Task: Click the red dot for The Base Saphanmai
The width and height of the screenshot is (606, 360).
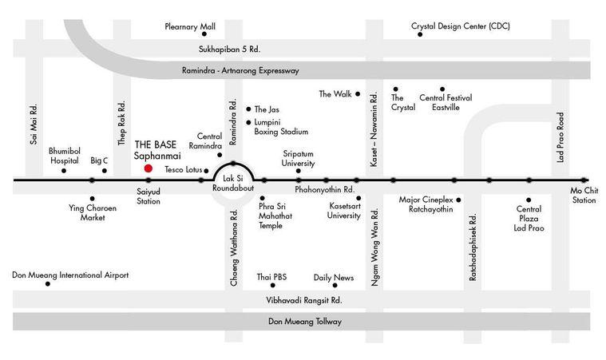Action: pos(148,168)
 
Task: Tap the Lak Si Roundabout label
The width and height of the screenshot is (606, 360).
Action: pos(233,183)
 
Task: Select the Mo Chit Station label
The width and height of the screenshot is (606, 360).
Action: pos(584,195)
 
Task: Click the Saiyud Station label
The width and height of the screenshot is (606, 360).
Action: pos(149,196)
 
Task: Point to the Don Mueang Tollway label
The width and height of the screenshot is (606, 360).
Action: pos(305,322)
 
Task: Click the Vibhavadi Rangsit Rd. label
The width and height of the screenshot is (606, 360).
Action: pos(304,300)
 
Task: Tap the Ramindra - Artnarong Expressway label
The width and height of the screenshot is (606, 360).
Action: pos(240,71)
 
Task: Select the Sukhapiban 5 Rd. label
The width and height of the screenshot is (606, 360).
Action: pos(230,49)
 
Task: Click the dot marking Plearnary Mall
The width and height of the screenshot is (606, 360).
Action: pos(204,34)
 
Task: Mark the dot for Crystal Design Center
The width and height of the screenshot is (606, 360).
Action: pos(420,34)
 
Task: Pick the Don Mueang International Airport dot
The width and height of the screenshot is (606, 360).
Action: pos(48,284)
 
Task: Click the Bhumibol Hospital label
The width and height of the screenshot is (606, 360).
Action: pos(65,156)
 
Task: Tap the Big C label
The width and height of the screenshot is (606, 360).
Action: pos(99,160)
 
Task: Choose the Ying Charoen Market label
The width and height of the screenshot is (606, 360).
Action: pos(93,212)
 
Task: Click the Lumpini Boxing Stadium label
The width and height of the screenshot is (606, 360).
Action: pos(281,127)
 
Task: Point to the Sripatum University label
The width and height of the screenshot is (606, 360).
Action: pos(298,158)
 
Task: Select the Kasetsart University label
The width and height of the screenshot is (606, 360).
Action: pos(344,211)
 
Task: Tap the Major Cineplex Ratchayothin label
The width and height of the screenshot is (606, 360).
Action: pos(426,204)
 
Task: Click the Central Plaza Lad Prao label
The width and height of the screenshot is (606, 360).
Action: pos(529,219)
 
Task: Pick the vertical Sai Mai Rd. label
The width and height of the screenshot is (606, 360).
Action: pos(34,124)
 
